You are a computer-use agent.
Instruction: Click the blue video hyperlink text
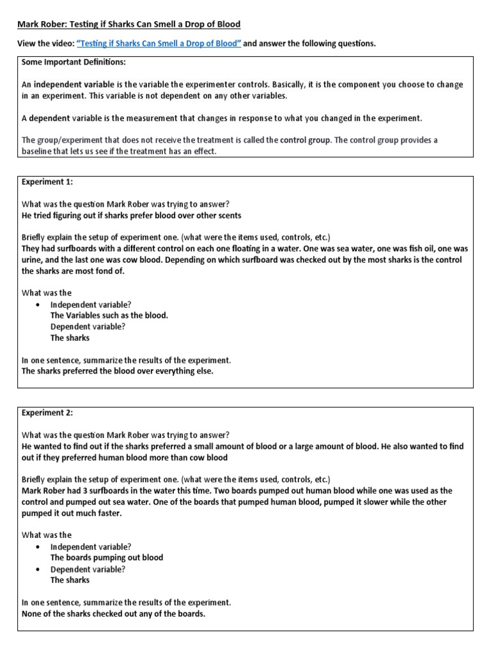pos(159,43)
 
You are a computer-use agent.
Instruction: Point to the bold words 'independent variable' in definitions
pos(72,84)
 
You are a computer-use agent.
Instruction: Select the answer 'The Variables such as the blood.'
pos(109,315)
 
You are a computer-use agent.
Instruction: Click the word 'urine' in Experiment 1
pos(33,260)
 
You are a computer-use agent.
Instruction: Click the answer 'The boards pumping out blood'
pos(107,557)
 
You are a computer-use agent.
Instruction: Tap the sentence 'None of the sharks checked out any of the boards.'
pos(114,614)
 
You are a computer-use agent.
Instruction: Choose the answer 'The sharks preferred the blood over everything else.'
pos(118,371)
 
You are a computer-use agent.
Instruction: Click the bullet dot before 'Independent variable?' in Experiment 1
pos(38,304)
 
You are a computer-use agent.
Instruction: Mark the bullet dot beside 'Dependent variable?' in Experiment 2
pos(38,569)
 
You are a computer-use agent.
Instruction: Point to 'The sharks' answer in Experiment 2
pos(70,580)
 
